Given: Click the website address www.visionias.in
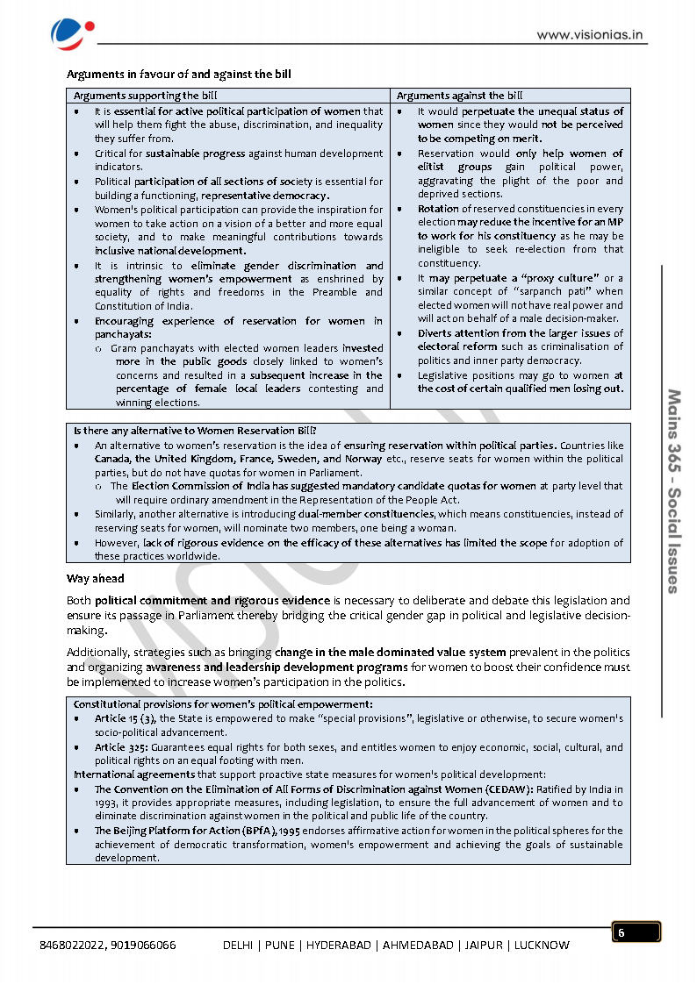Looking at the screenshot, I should [591, 36].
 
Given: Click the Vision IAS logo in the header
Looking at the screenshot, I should [68, 32].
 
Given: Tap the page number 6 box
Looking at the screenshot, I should [636, 932].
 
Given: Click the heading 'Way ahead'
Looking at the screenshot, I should [96, 579].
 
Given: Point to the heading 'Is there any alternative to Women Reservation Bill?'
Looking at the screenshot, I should [195, 431].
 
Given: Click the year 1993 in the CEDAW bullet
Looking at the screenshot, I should [106, 803].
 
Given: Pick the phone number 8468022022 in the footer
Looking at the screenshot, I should [74, 945].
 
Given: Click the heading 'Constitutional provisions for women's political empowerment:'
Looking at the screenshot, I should [223, 704].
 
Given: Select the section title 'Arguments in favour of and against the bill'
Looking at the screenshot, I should [179, 75].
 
